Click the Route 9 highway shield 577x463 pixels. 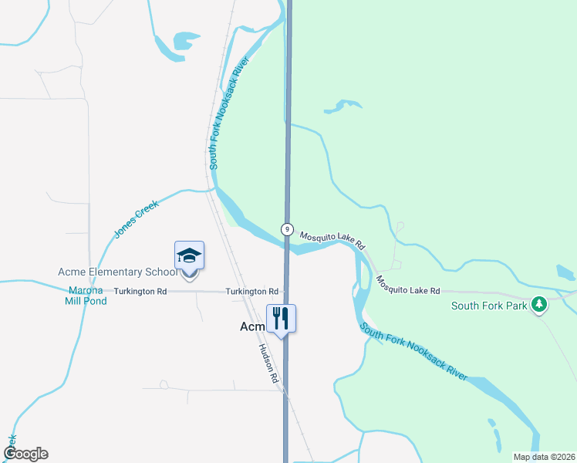[x=287, y=229]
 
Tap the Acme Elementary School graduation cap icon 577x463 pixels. [x=189, y=255]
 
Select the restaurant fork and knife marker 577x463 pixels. [x=281, y=318]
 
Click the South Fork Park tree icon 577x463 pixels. [x=540, y=306]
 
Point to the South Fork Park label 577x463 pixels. [x=489, y=306]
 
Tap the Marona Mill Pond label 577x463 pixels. [x=86, y=296]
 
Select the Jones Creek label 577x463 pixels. [x=136, y=218]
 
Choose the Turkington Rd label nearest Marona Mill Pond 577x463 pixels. [x=140, y=292]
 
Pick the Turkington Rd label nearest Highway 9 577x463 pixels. [x=251, y=292]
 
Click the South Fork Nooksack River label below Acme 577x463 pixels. [x=413, y=353]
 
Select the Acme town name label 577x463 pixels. [x=252, y=326]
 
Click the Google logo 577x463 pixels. [x=25, y=454]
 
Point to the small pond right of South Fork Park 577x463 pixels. [x=565, y=272]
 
